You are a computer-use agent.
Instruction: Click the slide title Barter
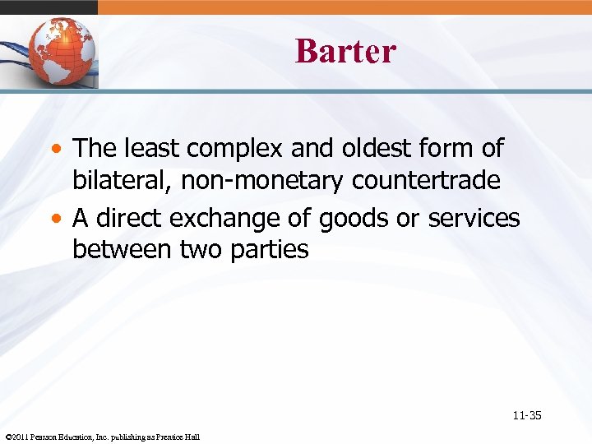(345, 51)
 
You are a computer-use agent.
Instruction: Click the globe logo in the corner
(62, 51)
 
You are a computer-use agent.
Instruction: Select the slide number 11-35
(526, 415)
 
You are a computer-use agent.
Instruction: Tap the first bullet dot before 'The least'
(60, 150)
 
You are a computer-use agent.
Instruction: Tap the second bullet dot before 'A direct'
(60, 219)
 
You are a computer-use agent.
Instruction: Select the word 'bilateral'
(122, 180)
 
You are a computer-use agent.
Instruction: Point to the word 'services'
(474, 218)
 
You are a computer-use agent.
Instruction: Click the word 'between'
(123, 249)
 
